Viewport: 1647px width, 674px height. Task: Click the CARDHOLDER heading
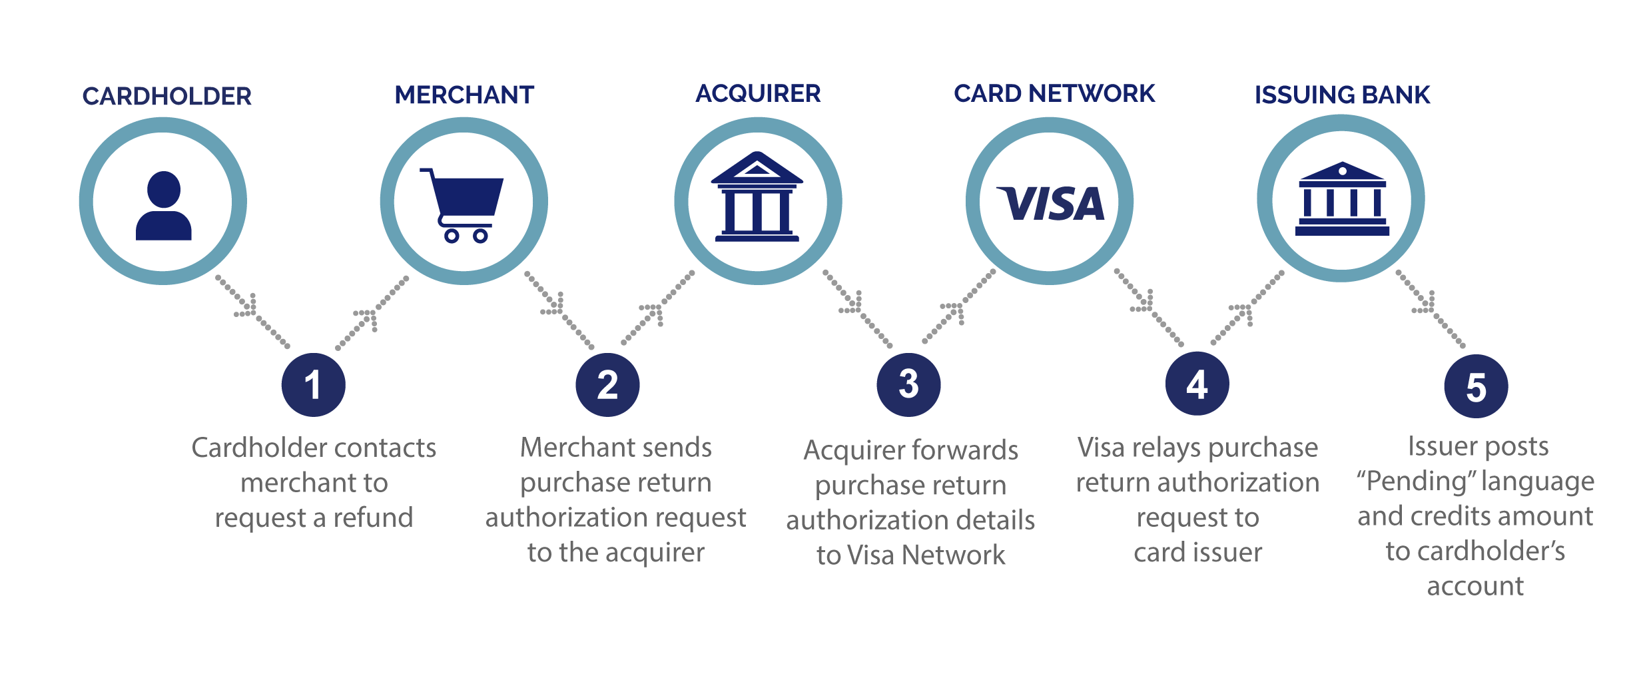tap(166, 97)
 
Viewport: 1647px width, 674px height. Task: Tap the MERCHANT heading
tap(464, 95)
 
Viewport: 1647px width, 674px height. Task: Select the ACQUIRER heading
tap(758, 94)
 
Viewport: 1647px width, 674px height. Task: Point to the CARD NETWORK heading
tap(1054, 94)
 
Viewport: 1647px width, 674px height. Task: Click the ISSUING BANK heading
tap(1342, 95)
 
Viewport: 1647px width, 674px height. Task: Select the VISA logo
tap(1050, 204)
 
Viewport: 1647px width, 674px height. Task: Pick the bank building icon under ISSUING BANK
tap(1342, 199)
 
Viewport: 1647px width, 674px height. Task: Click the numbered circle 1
tap(313, 385)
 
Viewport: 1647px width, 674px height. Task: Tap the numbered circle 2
tap(607, 385)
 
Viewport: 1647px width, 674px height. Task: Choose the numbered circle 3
tap(908, 384)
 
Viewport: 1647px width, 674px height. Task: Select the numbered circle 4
tap(1197, 384)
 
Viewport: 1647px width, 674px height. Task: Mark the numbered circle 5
tap(1476, 386)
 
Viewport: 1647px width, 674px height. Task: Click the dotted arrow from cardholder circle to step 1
tap(252, 311)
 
